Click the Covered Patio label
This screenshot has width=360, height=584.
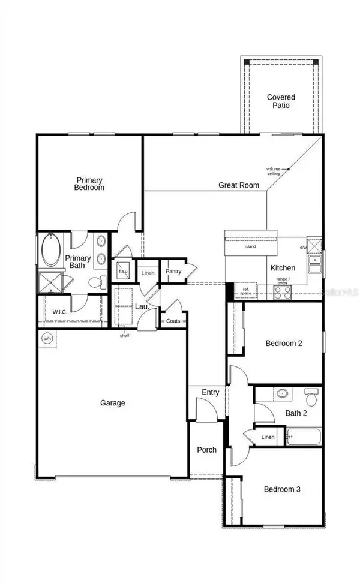tap(281, 101)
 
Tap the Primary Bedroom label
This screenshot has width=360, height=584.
tap(89, 183)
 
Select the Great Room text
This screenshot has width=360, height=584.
tap(239, 185)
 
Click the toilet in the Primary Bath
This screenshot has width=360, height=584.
tap(95, 282)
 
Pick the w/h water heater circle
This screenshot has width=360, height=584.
tap(47, 339)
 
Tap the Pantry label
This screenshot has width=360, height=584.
tap(173, 271)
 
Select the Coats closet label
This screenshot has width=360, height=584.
tap(173, 321)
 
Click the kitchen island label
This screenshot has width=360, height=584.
tap(250, 246)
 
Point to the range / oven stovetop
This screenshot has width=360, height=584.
tap(282, 292)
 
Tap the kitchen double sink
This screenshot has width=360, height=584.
tap(315, 261)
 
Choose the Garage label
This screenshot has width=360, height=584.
tap(113, 403)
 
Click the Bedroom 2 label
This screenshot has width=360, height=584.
tap(282, 344)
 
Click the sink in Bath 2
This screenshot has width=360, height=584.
tap(282, 394)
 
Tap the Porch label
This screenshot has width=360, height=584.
tap(206, 450)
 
